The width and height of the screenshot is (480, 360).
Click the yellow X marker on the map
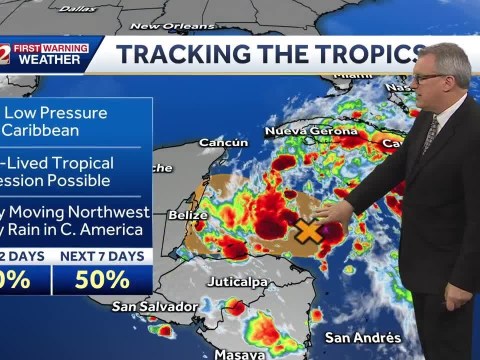310,232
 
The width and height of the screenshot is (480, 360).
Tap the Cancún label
223,143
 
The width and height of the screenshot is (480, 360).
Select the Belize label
160,214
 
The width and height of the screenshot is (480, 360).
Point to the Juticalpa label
238,281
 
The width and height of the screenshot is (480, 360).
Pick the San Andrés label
363,337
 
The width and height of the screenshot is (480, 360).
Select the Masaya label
239,354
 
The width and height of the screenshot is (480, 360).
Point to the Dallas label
77,8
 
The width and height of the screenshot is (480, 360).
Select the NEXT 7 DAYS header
103,255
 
